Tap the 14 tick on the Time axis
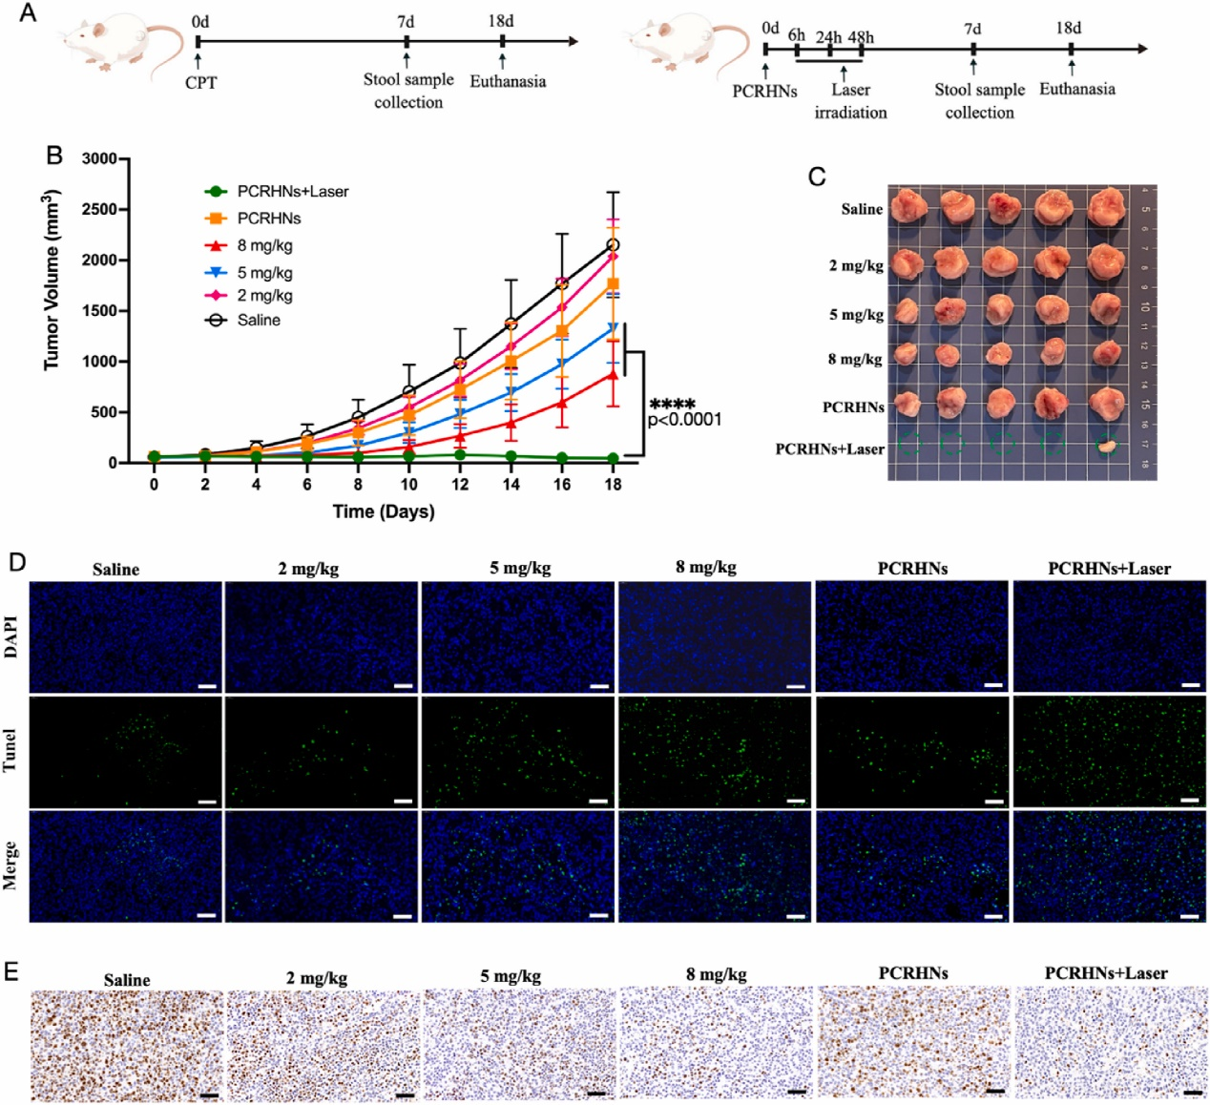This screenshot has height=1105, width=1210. (511, 484)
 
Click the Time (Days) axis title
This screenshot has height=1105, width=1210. (384, 511)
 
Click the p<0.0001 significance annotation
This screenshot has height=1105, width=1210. (684, 420)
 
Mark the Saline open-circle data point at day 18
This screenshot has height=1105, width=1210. (613, 245)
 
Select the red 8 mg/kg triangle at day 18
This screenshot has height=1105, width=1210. (613, 375)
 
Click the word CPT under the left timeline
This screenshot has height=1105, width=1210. (200, 83)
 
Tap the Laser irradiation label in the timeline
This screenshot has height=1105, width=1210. (850, 101)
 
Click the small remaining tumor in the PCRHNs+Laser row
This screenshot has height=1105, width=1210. (1107, 445)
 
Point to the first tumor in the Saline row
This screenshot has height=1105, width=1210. (907, 206)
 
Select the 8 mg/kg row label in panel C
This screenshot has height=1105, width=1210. (854, 359)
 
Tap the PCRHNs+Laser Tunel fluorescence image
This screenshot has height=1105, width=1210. (1109, 752)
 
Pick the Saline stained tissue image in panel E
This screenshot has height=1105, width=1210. (126, 1044)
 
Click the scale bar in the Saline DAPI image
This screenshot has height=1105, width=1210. (207, 686)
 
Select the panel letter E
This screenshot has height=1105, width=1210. (12, 971)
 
